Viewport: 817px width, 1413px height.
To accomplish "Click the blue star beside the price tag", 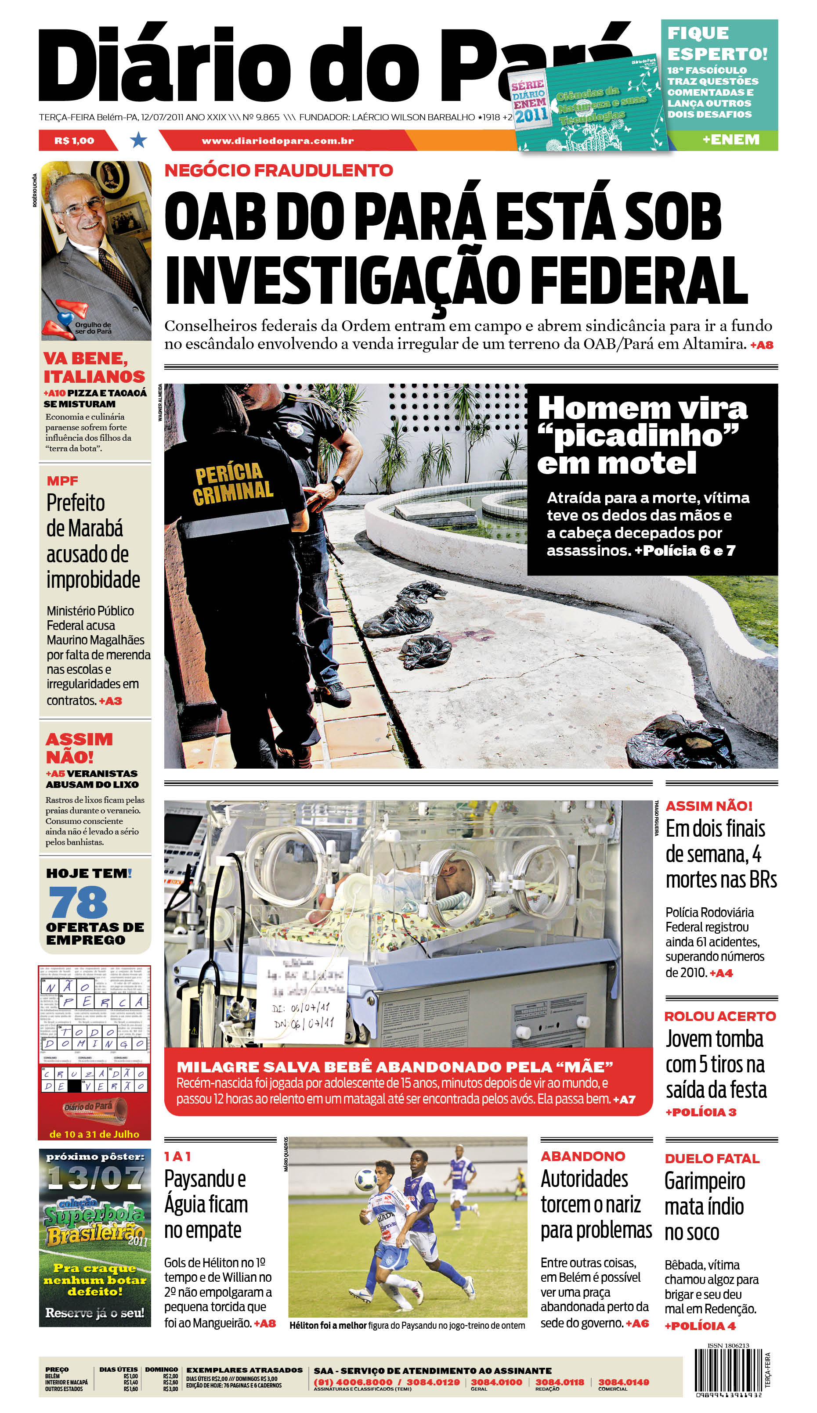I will point(138,140).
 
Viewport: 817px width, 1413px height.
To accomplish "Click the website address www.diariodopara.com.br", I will point(278,141).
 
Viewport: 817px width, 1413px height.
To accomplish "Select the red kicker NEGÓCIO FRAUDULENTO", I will point(278,170).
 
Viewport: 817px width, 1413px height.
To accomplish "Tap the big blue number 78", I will point(78,903).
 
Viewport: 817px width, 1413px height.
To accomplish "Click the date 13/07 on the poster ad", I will point(95,1178).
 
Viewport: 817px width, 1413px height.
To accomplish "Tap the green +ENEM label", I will point(730,140).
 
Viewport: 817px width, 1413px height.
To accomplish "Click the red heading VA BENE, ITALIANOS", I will point(94,367).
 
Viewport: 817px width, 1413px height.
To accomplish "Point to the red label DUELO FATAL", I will point(712,1158).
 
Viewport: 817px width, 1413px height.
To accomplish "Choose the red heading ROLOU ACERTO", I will point(720,1016).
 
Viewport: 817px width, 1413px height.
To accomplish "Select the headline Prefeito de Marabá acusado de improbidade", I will point(93,541).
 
